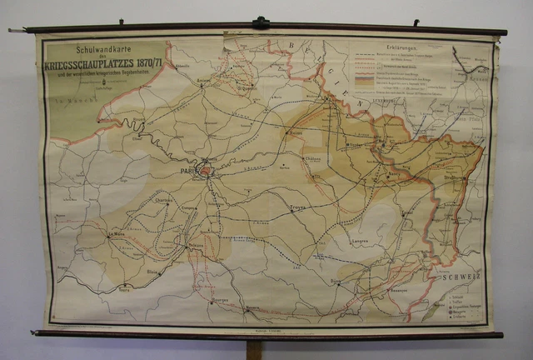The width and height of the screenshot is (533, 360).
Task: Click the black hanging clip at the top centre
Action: [x=262, y=22]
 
